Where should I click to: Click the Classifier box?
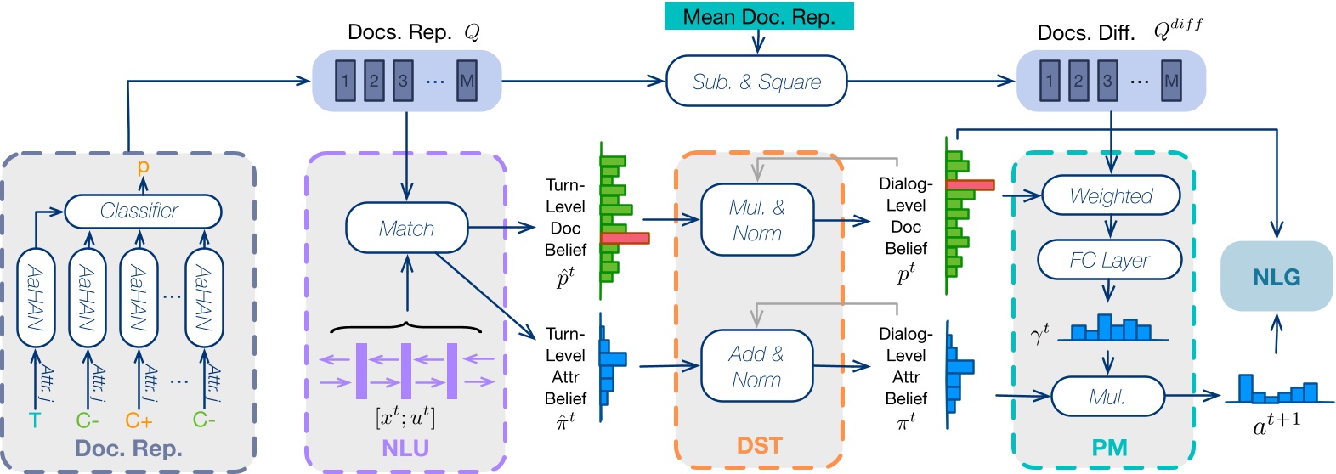click(x=143, y=211)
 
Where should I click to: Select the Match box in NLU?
click(x=406, y=228)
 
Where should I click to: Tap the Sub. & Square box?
click(x=756, y=82)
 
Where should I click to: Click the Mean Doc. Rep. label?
click(x=759, y=17)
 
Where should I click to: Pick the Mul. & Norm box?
click(x=756, y=220)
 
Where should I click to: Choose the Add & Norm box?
click(x=756, y=366)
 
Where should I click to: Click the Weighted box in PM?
click(x=1110, y=195)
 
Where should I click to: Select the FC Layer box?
click(x=1109, y=260)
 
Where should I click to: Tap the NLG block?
click(x=1276, y=277)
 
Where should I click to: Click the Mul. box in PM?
click(x=1107, y=397)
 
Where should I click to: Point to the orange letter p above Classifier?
click(x=143, y=166)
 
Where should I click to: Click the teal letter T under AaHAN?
click(x=35, y=420)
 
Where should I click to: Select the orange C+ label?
click(x=139, y=420)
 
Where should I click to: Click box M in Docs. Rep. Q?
click(x=467, y=82)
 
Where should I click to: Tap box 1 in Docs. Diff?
click(x=1050, y=82)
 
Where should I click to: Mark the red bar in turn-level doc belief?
click(x=625, y=239)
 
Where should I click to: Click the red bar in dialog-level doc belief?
click(x=970, y=184)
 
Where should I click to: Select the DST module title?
click(x=759, y=446)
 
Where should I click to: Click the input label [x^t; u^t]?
click(x=405, y=417)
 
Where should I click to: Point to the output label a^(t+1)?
click(x=1277, y=422)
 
